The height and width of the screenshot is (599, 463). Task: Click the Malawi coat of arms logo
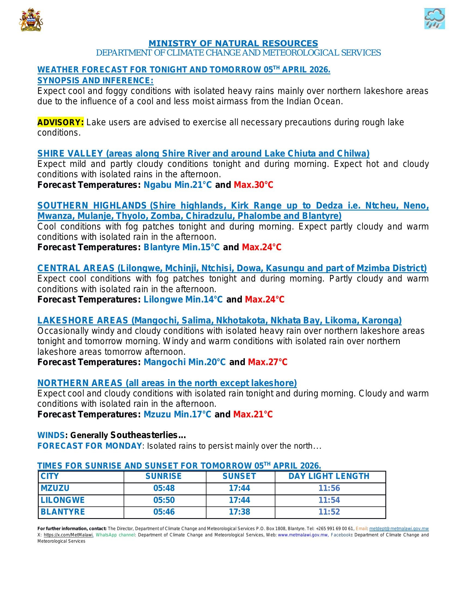pos(31,20)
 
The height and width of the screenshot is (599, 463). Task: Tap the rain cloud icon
pos(434,19)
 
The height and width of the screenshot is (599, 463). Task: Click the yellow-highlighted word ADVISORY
pos(61,122)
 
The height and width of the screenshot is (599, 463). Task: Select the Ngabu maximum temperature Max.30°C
pos(254,185)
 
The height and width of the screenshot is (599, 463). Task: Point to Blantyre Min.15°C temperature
pos(182,247)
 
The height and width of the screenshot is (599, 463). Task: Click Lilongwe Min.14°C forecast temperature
pos(183,299)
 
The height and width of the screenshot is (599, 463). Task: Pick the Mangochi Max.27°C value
pos(267,362)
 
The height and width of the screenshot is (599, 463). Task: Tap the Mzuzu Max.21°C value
pos(253,414)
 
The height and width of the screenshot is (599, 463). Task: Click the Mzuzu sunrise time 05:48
pos(164,488)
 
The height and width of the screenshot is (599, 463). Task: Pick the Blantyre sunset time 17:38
pos(239,512)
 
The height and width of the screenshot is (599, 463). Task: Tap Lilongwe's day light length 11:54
pos(329,500)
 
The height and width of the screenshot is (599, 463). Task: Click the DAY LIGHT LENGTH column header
pos(329,476)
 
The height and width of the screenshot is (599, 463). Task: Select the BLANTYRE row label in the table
pos(63,512)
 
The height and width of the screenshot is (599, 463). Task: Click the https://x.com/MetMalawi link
pos(68,535)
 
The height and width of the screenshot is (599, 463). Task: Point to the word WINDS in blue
pos(51,435)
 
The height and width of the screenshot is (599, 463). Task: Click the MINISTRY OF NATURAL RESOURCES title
pos(233,43)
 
